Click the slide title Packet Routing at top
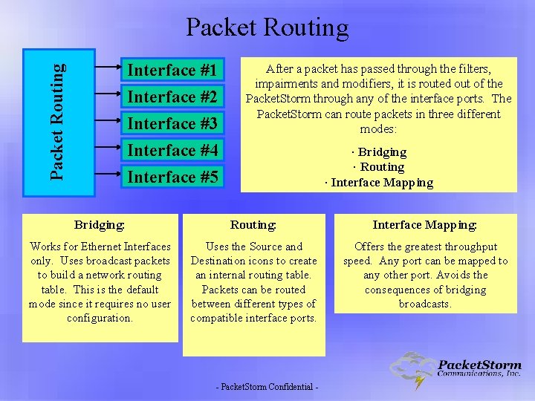tap(267, 27)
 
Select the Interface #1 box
tap(172, 71)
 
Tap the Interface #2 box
tap(172, 97)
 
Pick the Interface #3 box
tap(172, 124)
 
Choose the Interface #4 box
tap(172, 151)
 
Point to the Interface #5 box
tap(172, 177)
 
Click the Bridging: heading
tap(100, 224)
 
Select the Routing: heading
tap(253, 224)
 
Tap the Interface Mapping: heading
tap(424, 224)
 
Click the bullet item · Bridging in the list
tap(379, 152)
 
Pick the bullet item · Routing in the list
tap(379, 167)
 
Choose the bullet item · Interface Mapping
tap(379, 183)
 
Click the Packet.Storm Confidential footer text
tap(267, 388)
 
